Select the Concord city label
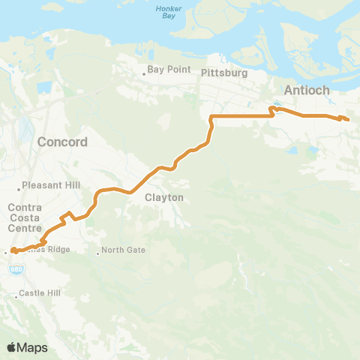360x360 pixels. click(x=63, y=142)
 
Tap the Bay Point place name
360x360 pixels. click(x=165, y=69)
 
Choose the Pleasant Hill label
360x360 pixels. click(x=46, y=184)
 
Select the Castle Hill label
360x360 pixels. click(x=34, y=292)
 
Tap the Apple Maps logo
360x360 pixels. click(x=26, y=347)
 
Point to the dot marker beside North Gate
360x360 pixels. click(x=98, y=253)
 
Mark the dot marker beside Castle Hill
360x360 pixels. click(x=13, y=292)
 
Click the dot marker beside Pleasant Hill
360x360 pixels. click(x=20, y=188)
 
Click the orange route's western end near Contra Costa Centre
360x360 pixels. click(x=13, y=250)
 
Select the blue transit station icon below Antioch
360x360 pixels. click(x=277, y=106)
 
